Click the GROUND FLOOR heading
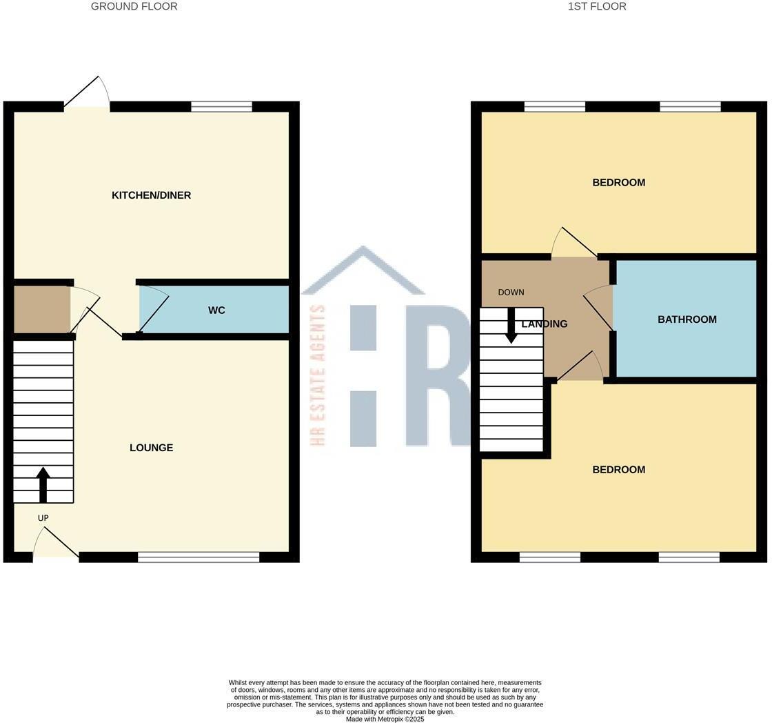click(134, 6)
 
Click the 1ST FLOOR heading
click(597, 6)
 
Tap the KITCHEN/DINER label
click(151, 195)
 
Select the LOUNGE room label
click(151, 448)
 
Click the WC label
click(216, 310)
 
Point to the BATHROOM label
click(687, 319)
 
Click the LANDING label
click(545, 324)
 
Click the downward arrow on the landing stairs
click(511, 326)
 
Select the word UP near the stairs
click(43, 518)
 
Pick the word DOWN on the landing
click(511, 293)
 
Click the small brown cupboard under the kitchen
click(42, 310)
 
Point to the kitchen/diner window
click(221, 106)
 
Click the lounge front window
click(199, 557)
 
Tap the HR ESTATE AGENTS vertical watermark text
click(318, 375)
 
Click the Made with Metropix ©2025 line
click(385, 719)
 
